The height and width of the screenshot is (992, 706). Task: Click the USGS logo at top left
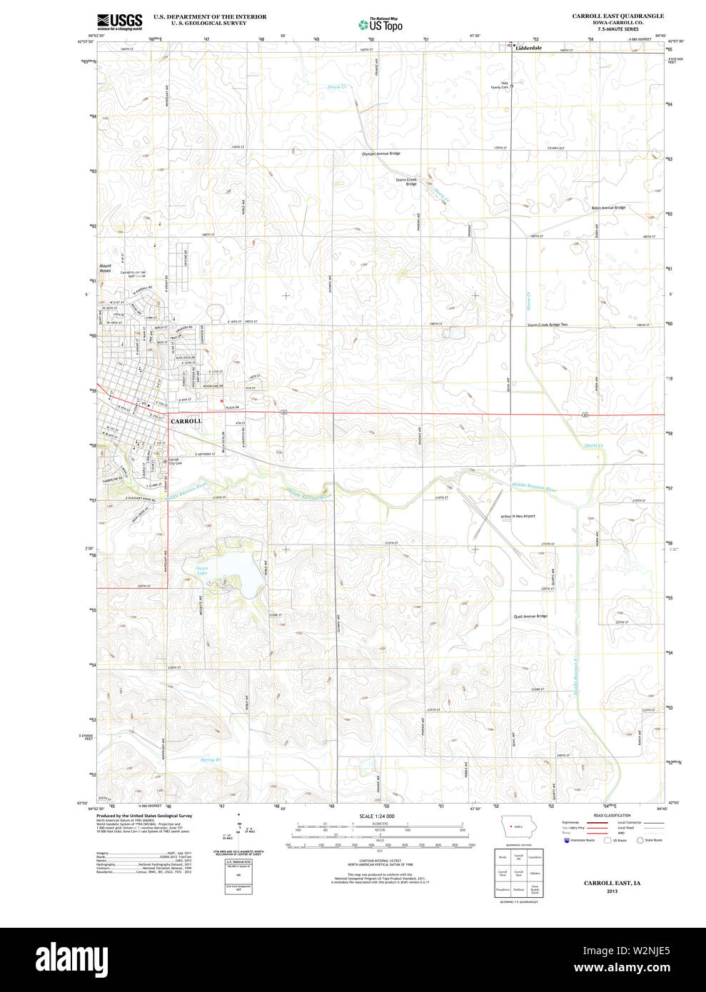(119, 21)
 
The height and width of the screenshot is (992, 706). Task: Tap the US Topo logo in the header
(380, 25)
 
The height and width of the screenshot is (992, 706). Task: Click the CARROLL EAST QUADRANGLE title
(617, 16)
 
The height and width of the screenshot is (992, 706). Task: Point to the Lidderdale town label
(529, 48)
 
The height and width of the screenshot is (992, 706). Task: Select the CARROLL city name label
(186, 421)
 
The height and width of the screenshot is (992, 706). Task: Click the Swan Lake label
(202, 570)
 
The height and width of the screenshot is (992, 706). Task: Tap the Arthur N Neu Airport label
(518, 516)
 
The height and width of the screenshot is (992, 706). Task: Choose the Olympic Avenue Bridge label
(381, 153)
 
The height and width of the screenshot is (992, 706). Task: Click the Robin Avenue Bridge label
(607, 208)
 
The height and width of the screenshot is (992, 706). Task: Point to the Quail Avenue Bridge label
(530, 616)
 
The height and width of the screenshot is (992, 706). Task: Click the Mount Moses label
(105, 268)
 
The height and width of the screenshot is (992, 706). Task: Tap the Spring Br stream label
(211, 760)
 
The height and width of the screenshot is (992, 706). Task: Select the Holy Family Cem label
(504, 85)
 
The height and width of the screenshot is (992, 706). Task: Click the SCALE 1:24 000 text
(376, 816)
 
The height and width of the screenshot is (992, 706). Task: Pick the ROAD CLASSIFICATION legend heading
(612, 815)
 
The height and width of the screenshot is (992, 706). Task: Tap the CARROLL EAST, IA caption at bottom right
(612, 883)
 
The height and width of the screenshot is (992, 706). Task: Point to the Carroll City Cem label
(175, 462)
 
